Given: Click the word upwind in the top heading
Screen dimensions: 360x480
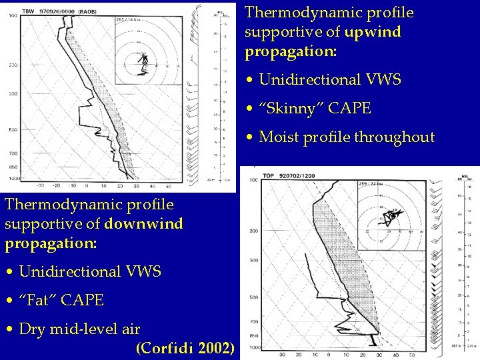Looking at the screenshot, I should coord(373,32).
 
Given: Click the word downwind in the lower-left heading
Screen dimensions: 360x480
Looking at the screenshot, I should coord(144,223).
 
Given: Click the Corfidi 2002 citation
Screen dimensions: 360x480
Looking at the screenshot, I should coord(185,348).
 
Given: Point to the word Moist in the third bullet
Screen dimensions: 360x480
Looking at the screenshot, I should coord(280,138).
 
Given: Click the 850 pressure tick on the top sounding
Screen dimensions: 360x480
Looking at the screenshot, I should coord(13,167).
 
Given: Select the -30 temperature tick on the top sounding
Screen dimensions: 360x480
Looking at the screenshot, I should coord(40,186).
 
